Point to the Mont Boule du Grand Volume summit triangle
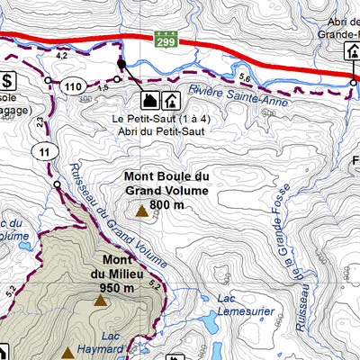pyautogui.click(x=141, y=212)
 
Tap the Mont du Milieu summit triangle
pyautogui.click(x=99, y=301)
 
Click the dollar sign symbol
pyautogui.click(x=7, y=79)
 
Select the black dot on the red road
pyautogui.click(x=121, y=65)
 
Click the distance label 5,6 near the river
pyautogui.click(x=245, y=77)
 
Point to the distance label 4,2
pyautogui.click(x=62, y=56)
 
